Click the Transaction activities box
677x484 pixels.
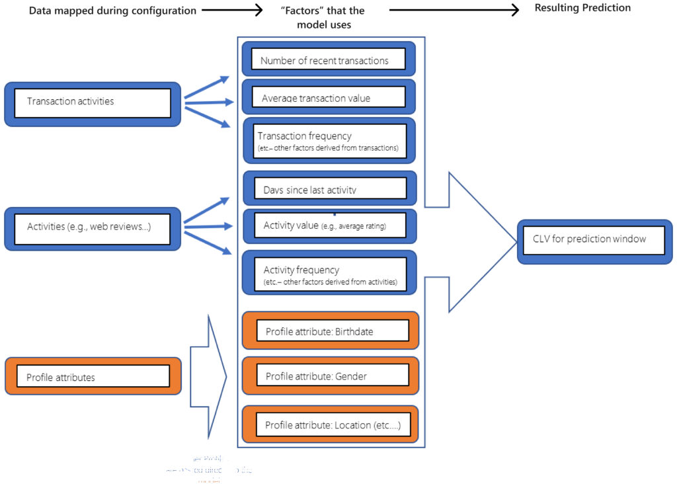[93, 103]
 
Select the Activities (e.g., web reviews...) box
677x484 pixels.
[93, 228]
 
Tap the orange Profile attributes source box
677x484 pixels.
[93, 376]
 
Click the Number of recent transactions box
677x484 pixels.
[329, 60]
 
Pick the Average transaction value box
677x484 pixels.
[329, 97]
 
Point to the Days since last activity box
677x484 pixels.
[329, 188]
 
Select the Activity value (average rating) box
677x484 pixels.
[329, 225]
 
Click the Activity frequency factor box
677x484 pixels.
[329, 272]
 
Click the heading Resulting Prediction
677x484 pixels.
[582, 8]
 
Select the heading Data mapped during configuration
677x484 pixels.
[112, 11]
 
